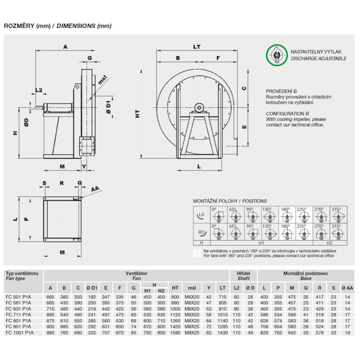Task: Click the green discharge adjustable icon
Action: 276,55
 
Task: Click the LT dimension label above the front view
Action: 197,47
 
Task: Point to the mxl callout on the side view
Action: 102,80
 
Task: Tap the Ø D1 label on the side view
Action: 108,107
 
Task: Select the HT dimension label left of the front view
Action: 137,114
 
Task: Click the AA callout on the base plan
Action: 95,189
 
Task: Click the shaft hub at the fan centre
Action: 199,108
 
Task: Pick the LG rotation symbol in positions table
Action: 201,215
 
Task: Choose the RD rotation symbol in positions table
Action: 202,233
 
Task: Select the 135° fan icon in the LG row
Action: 270,215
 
